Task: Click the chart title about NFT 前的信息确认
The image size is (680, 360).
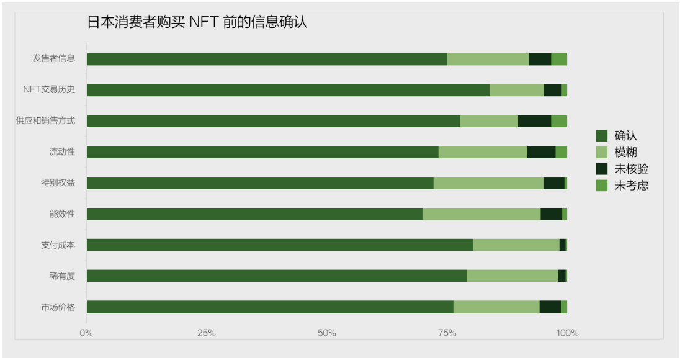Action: (197, 22)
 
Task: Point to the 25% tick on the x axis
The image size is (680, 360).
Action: (207, 333)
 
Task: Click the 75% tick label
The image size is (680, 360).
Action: (447, 333)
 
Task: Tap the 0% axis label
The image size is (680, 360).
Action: (86, 333)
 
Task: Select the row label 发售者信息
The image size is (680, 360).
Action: (54, 59)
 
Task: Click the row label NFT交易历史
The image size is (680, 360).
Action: (49, 90)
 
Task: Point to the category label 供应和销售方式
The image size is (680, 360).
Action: (46, 121)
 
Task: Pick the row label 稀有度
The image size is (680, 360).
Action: (63, 276)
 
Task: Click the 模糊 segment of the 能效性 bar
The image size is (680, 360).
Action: (481, 214)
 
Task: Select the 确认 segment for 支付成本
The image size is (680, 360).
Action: (279, 245)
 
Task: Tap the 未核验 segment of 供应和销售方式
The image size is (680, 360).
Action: (534, 121)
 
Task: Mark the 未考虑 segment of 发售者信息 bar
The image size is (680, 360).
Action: (559, 59)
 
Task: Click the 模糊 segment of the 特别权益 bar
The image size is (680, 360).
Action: (488, 183)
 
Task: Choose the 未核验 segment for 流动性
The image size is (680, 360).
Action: (541, 152)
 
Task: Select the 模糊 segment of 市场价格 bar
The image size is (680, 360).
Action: (496, 307)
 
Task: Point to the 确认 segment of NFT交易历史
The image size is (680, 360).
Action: (288, 90)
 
